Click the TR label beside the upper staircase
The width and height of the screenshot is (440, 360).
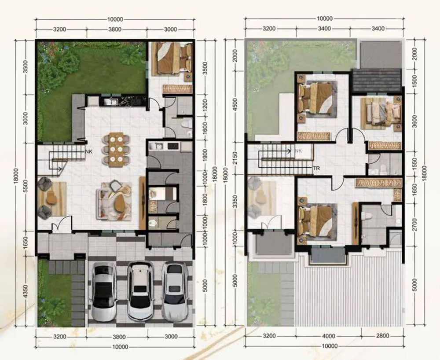click(316, 169)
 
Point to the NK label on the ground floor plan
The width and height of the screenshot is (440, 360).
click(89, 151)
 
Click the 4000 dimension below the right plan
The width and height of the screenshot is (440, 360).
click(329, 336)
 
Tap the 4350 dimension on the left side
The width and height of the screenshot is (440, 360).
click(25, 293)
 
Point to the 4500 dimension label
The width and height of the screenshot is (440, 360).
click(235, 105)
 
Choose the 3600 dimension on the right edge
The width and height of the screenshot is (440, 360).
click(415, 121)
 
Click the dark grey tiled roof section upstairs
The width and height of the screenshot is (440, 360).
click(377, 80)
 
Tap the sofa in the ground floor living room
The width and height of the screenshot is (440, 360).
click(114, 201)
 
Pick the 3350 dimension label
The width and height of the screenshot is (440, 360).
click(235, 202)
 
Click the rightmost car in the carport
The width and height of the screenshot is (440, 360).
click(175, 291)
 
